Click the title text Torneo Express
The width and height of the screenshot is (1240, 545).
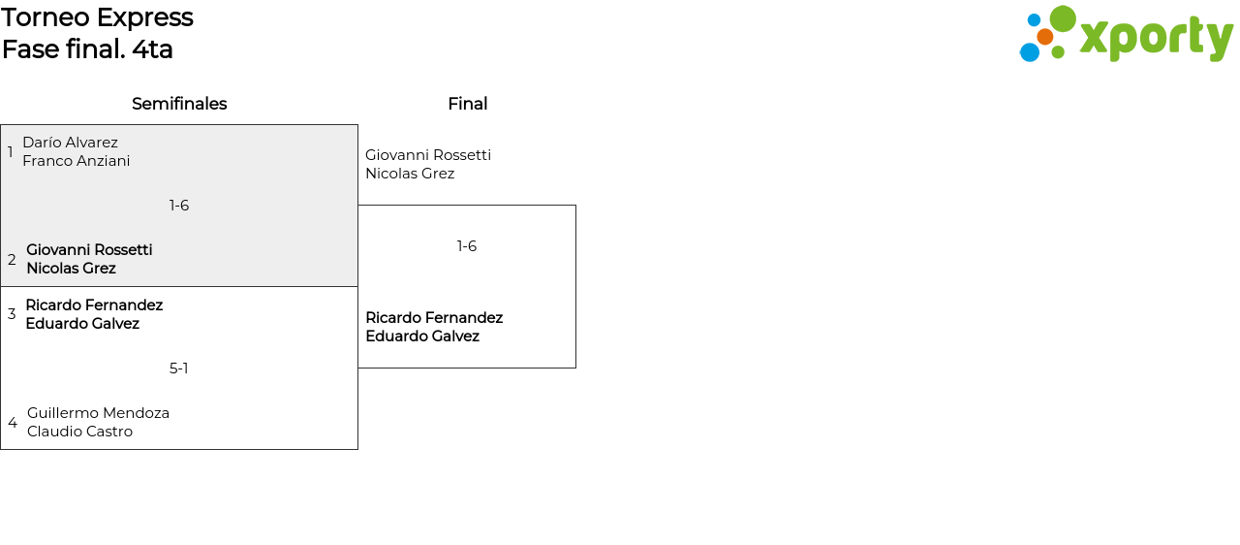tap(97, 17)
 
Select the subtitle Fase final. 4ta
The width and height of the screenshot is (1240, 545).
tap(87, 49)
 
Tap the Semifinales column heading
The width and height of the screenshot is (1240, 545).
tap(179, 104)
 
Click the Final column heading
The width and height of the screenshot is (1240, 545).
tap(467, 104)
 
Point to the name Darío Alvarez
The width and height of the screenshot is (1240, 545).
tap(70, 143)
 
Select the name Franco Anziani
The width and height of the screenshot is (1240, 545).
tap(76, 161)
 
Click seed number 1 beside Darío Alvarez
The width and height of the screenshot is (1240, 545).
tap(10, 152)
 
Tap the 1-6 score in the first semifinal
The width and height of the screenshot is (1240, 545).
tap(179, 206)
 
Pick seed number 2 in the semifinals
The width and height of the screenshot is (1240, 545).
tap(12, 260)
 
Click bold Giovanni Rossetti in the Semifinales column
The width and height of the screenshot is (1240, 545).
tap(89, 250)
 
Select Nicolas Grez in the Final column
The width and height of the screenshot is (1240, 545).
tap(410, 174)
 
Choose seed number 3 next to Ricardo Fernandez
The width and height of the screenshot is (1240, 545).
tap(12, 314)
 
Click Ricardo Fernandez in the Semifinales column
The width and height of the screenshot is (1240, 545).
tap(94, 305)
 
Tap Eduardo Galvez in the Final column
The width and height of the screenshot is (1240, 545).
tap(422, 337)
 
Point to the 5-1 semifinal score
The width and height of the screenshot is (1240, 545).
tap(179, 369)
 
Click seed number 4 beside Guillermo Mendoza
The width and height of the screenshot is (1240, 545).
tap(12, 423)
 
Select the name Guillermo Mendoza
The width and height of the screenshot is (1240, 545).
tap(98, 413)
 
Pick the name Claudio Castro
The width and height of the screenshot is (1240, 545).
tap(79, 432)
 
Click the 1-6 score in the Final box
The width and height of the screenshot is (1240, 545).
tap(467, 246)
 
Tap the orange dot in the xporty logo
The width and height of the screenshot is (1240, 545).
tap(1044, 37)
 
